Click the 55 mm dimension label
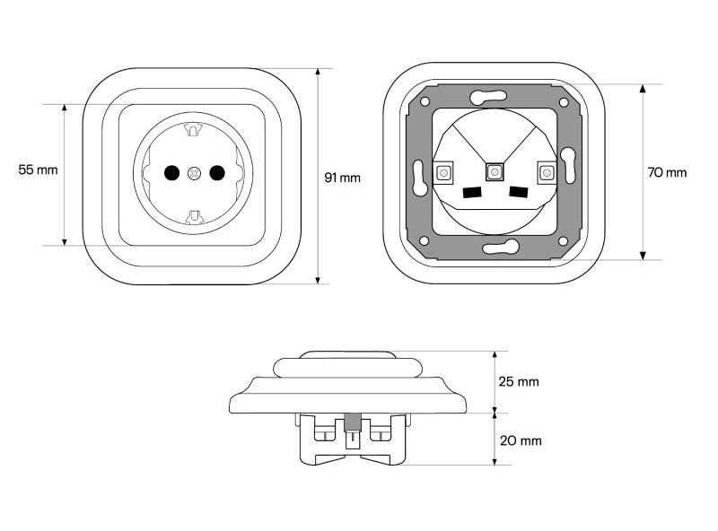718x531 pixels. point(38,170)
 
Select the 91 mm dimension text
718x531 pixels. point(343,178)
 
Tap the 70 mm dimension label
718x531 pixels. point(667,172)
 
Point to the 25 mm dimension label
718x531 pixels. point(519,381)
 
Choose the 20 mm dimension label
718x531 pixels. point(521,440)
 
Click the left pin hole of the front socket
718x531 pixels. point(171,172)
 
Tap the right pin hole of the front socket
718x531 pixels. point(217,172)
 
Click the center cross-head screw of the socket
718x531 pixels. point(195,173)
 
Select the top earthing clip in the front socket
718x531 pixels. point(193,129)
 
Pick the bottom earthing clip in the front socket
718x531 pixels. point(194,217)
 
